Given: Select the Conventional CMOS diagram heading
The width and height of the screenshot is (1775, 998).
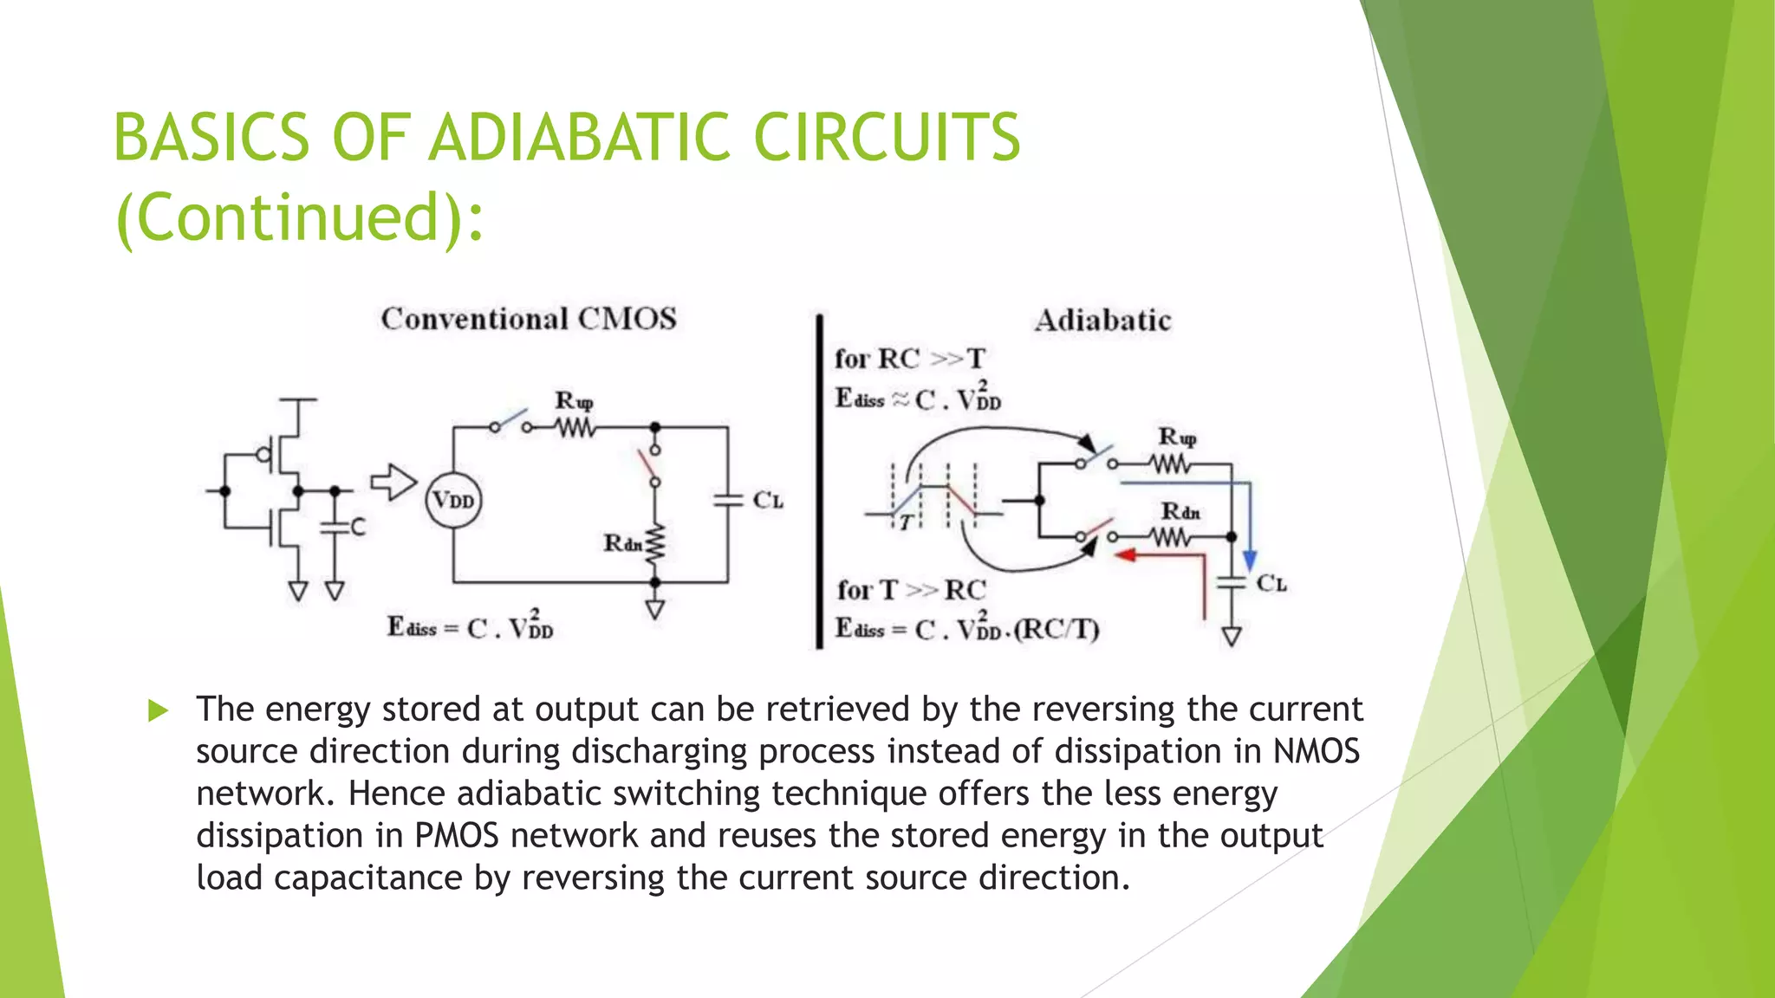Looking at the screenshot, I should point(529,319).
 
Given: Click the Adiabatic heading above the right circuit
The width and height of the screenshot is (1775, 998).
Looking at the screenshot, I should point(1102,321).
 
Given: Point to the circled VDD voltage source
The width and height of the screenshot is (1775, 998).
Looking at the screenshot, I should point(453,501).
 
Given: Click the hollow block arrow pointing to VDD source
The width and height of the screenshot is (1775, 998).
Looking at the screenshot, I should point(393,483).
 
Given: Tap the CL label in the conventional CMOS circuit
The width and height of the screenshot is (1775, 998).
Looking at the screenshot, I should point(768,501).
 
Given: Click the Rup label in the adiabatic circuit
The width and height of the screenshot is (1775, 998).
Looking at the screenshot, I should point(1178,437).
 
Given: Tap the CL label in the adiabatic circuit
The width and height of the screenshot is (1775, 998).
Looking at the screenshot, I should point(1271,584).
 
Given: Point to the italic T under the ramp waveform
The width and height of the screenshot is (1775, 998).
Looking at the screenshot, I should point(907,522).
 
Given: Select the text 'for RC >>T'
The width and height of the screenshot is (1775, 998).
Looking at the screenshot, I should point(910,359).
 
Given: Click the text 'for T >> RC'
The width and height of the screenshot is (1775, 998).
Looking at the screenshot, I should point(911,590).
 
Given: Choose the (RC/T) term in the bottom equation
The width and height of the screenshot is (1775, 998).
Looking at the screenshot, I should point(1057,629).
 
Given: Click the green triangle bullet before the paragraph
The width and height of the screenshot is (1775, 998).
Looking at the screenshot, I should point(158,711).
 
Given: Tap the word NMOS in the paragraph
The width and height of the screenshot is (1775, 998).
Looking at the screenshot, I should point(1316,751).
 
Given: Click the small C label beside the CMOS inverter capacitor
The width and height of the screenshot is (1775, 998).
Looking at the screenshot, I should point(358,526).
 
